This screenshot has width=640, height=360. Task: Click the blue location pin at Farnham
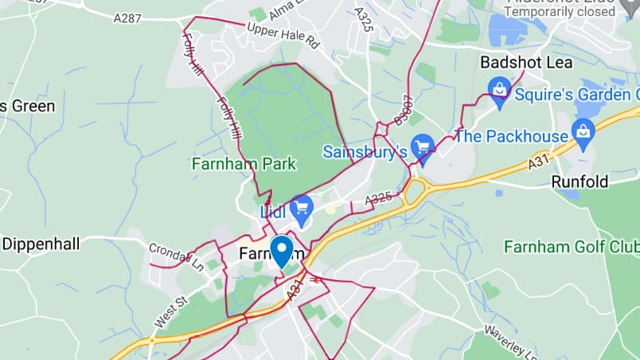(281, 250)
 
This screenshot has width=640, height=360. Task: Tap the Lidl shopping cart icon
(301, 210)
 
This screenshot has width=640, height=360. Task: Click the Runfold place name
(580, 182)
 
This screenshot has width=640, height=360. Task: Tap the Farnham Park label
(244, 164)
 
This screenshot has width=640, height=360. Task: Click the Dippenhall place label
(41, 244)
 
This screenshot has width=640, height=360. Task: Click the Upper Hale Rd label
(283, 36)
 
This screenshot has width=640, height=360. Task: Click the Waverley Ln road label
(505, 339)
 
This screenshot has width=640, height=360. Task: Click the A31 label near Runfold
(539, 162)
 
